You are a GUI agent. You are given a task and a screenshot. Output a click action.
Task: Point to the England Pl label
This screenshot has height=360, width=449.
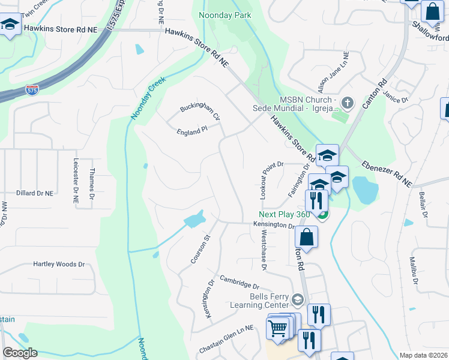pyautogui.click(x=191, y=131)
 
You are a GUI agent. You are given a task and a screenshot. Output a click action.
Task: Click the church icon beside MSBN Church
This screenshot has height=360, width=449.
pyautogui.click(x=346, y=104)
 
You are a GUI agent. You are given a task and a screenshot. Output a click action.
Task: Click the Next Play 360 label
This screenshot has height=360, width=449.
pyautogui.click(x=285, y=214)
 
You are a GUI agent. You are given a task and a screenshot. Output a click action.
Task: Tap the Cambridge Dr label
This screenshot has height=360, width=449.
pyautogui.click(x=238, y=282)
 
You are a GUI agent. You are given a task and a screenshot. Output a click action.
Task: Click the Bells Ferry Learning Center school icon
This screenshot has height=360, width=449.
pyautogui.click(x=297, y=299)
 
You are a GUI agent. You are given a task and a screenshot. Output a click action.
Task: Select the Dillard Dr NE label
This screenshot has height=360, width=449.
pyautogui.click(x=34, y=193)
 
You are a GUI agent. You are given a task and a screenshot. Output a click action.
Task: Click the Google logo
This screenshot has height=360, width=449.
pyautogui.click(x=20, y=353)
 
